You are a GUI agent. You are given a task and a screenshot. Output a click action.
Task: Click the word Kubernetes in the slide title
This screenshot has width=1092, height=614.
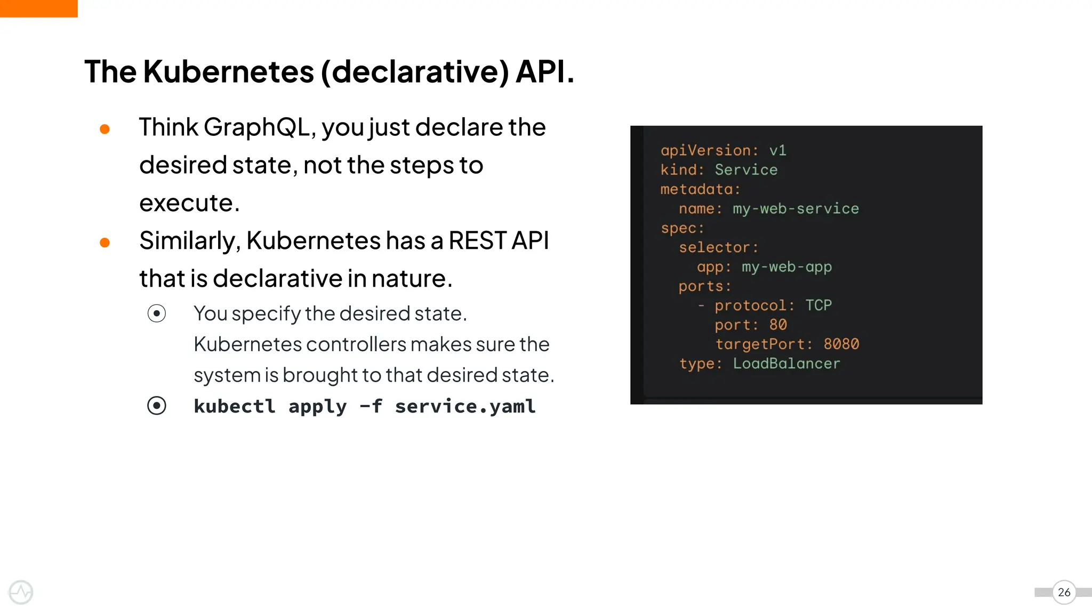click(228, 71)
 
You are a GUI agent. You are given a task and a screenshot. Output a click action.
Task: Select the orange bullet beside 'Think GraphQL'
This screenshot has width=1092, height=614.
click(105, 129)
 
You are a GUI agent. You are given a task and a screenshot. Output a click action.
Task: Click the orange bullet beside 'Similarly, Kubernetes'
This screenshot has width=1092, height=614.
click(105, 243)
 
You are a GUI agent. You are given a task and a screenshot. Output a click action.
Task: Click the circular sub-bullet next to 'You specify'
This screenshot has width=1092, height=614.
click(157, 313)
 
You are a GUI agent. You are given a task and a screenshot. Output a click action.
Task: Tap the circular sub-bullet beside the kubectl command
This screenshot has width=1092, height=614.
click(157, 406)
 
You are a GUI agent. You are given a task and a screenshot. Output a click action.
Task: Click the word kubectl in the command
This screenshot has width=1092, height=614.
click(235, 406)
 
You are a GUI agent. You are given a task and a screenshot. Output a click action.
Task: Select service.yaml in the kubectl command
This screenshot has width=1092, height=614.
click(465, 406)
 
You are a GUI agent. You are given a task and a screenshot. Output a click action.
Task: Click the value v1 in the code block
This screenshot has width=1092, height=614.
click(777, 150)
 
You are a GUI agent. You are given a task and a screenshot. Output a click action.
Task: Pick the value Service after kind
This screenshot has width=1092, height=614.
click(746, 169)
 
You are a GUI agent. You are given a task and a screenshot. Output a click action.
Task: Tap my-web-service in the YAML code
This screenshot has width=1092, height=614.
click(796, 208)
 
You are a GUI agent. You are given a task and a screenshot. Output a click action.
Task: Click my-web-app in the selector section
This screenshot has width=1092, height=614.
click(786, 266)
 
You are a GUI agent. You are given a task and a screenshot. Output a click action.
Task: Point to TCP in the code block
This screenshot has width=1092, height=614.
click(818, 305)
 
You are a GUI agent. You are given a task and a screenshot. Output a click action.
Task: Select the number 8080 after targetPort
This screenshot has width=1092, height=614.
click(841, 344)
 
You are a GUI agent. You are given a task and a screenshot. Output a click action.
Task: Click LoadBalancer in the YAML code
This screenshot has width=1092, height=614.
click(786, 363)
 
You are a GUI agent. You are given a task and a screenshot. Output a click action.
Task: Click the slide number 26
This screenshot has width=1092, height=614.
click(1064, 592)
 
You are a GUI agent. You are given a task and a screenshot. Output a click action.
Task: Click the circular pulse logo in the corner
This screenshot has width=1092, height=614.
click(21, 592)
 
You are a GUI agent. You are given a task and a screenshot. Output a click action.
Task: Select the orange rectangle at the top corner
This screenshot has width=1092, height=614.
click(38, 9)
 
